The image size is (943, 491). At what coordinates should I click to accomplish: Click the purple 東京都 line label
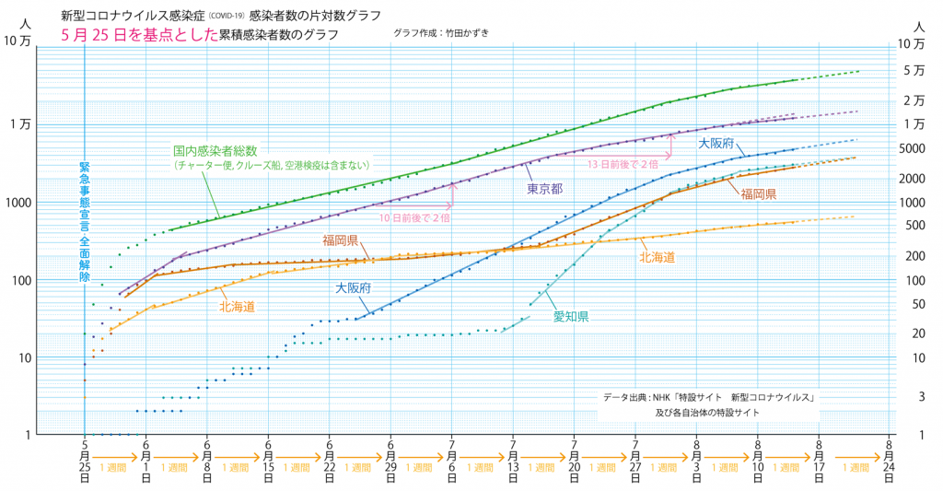[x=545, y=189]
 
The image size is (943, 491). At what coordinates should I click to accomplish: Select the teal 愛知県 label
[x=571, y=316]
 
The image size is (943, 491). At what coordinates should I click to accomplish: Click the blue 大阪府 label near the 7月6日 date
[x=353, y=288]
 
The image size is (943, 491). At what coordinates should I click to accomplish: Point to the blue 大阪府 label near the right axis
[x=716, y=144]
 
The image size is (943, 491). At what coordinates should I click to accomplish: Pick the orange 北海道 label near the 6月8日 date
[x=237, y=305]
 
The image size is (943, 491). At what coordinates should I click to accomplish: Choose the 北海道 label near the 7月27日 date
[x=657, y=258]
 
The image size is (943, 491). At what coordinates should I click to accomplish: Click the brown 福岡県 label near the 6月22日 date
[x=341, y=240]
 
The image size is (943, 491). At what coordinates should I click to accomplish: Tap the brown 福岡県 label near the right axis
[x=758, y=194]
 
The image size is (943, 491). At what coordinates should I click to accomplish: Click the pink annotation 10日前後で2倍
[x=414, y=218]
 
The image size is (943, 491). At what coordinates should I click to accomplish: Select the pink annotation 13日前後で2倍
[x=623, y=163]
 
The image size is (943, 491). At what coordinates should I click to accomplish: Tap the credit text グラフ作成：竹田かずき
[x=440, y=33]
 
